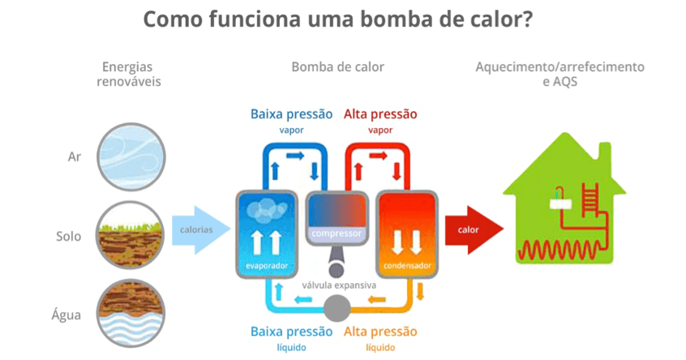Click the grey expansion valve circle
337,307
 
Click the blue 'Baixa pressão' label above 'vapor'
291,114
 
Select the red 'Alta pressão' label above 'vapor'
380,114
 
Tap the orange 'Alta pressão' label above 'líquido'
380,332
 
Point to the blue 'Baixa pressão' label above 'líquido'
291,332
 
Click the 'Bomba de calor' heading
337,66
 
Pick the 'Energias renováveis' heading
128,74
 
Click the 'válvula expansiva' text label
339,285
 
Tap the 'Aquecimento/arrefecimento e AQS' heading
560,74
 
